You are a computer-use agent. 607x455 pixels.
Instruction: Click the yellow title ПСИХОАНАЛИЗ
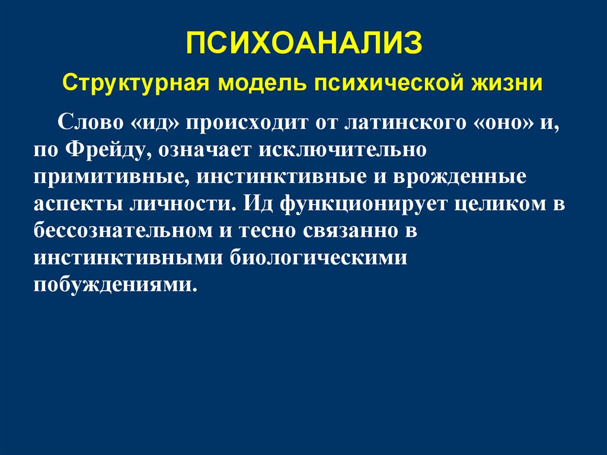click(x=305, y=44)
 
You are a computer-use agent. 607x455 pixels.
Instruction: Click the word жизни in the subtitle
click(x=507, y=82)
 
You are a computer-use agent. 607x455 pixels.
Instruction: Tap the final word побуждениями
click(x=115, y=284)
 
